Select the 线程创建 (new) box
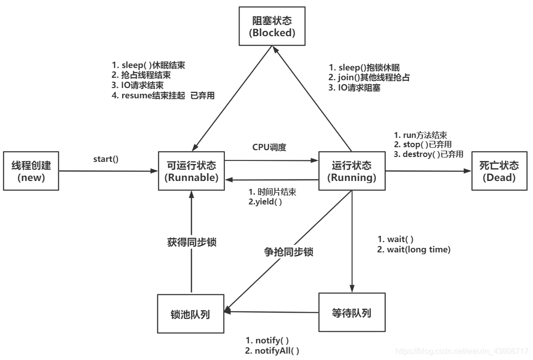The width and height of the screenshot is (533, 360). coord(31,171)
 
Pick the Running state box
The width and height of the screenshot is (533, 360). coord(352,171)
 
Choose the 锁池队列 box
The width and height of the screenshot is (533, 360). coord(191,314)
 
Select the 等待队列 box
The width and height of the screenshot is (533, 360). coord(352,313)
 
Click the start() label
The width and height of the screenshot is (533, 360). coord(106,160)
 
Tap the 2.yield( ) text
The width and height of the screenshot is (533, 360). coord(266,202)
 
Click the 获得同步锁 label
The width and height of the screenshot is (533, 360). coord(190,242)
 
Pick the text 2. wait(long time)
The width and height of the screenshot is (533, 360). coord(414,249)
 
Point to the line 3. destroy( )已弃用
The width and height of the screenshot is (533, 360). coord(428,154)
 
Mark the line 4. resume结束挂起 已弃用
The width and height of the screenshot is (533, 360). coord(163,96)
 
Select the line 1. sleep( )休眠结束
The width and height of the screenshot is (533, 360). coord(148,65)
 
